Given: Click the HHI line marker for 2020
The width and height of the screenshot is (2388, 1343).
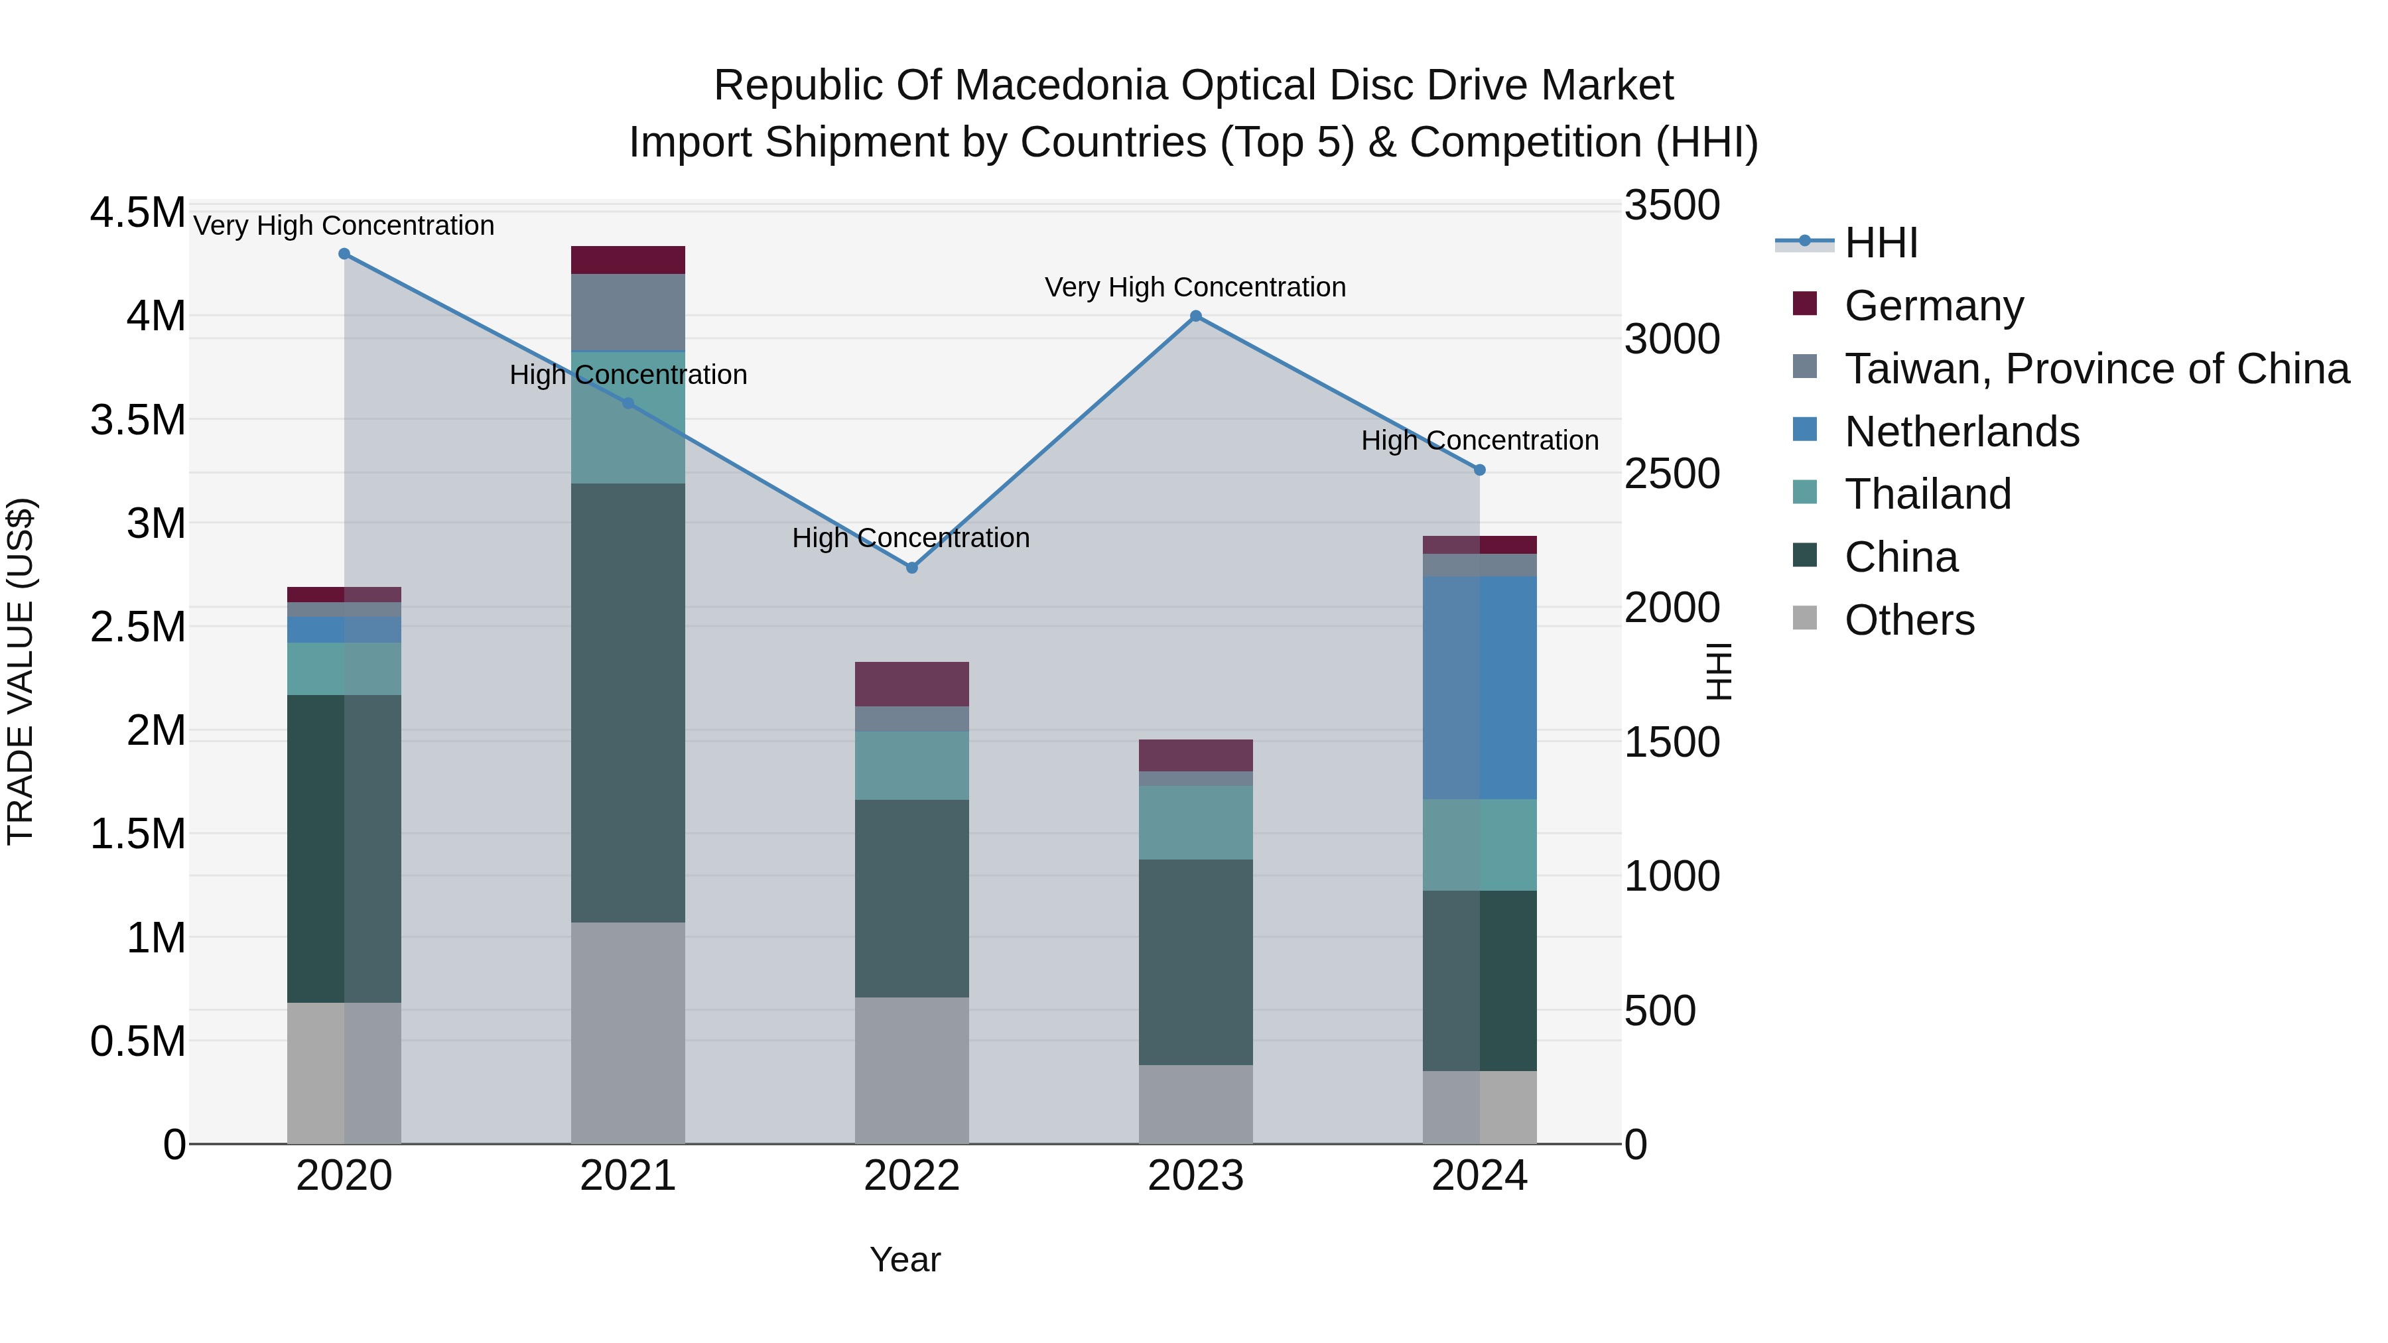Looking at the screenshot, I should pyautogui.click(x=344, y=254).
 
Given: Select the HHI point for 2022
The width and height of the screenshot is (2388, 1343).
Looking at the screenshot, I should pyautogui.click(x=911, y=567).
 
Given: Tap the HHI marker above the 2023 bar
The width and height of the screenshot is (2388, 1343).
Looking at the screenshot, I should pyautogui.click(x=1196, y=316).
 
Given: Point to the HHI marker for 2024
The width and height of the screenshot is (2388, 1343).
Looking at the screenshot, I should pyautogui.click(x=1479, y=470).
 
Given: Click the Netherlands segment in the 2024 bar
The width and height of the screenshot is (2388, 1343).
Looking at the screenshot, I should pyautogui.click(x=1479, y=688).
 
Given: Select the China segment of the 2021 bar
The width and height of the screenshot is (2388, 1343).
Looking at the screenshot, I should pyautogui.click(x=628, y=702).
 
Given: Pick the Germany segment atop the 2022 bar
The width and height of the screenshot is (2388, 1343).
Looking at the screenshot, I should pyautogui.click(x=911, y=684).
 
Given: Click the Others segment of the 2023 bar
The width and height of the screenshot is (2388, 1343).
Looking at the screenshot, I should pyautogui.click(x=1196, y=1103).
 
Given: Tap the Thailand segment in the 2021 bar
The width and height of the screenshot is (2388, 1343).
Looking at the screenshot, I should pyautogui.click(x=628, y=417).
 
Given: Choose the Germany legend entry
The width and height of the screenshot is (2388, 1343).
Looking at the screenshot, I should pyautogui.click(x=1934, y=306).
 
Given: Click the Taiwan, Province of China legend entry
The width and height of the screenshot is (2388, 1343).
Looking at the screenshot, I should pyautogui.click(x=2096, y=369).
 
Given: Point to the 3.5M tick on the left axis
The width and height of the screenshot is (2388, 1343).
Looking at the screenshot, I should pyautogui.click(x=137, y=420).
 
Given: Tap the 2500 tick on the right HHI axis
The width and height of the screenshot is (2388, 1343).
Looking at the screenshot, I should pyautogui.click(x=1672, y=474).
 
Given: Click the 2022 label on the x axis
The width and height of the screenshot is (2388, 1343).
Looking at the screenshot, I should pyautogui.click(x=911, y=1176).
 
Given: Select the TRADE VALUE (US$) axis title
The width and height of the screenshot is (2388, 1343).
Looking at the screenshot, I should pyautogui.click(x=21, y=671).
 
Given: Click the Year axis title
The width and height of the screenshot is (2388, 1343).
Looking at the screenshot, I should pyautogui.click(x=905, y=1259).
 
